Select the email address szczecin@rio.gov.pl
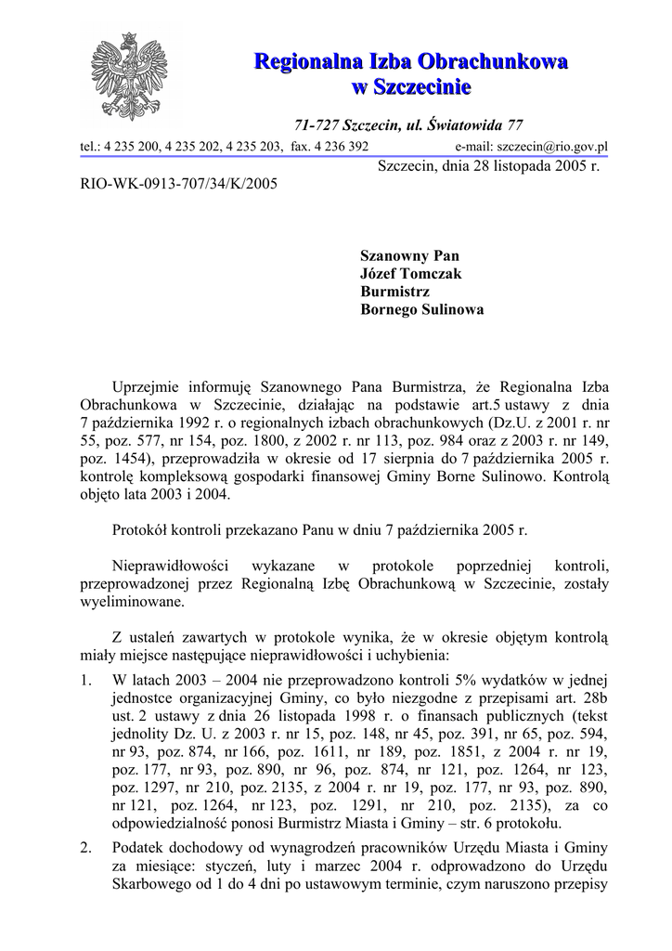pos(552,147)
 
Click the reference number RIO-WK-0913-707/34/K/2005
pos(179,184)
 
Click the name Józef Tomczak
pos(410,274)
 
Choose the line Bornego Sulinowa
pos(421,311)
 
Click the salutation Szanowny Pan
pos(409,256)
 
